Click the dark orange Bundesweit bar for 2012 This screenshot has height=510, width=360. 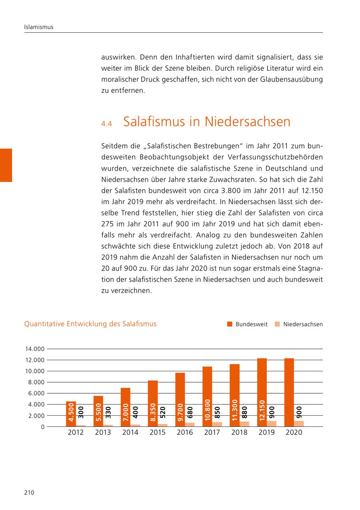[x=71, y=414]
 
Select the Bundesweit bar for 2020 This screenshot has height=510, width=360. [x=289, y=392]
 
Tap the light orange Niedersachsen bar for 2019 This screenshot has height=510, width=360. [x=272, y=424]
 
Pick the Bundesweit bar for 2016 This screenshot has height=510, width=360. [x=180, y=400]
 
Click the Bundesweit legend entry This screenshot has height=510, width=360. [x=247, y=324]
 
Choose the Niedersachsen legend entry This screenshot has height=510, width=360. [x=298, y=324]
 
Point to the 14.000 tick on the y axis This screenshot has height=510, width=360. [x=34, y=349]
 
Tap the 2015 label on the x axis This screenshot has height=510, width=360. [x=158, y=432]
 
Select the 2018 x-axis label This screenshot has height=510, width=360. [x=239, y=432]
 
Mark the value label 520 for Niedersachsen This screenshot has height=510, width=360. [x=163, y=412]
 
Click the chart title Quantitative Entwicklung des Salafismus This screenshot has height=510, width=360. [x=90, y=324]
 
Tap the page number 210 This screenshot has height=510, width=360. [x=29, y=493]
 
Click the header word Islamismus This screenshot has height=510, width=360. [x=39, y=27]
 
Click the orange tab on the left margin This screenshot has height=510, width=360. [x=6, y=165]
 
